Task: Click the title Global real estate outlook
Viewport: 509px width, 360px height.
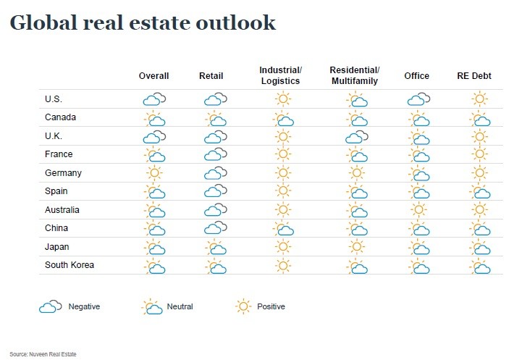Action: click(x=143, y=22)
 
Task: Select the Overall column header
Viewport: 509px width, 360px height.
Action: click(x=153, y=76)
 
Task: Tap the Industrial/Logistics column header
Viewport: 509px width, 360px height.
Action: click(x=281, y=75)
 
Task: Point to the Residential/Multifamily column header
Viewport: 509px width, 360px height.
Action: click(x=354, y=75)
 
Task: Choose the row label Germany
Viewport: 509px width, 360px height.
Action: click(x=64, y=173)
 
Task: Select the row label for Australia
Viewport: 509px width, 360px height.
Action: click(x=65, y=210)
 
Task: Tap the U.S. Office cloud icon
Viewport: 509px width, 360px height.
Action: click(x=418, y=99)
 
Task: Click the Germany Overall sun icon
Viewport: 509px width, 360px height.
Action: click(x=153, y=173)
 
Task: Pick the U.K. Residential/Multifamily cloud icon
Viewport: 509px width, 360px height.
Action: click(x=356, y=137)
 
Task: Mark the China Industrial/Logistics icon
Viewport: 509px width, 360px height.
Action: click(x=283, y=229)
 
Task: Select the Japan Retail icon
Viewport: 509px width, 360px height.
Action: click(x=215, y=248)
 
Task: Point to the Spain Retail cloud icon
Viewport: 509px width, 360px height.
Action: click(x=215, y=191)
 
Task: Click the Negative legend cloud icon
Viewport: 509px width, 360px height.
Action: click(x=50, y=307)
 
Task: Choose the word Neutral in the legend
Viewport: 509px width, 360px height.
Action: click(x=181, y=307)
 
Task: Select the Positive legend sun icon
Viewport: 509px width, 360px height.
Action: click(x=243, y=306)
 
